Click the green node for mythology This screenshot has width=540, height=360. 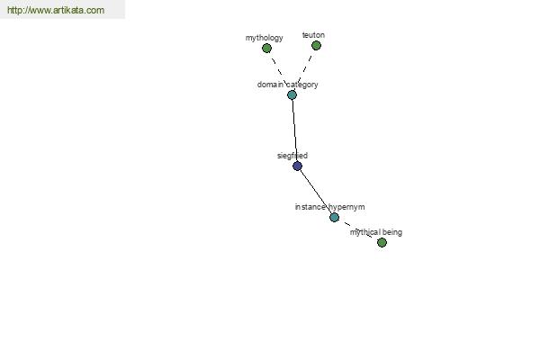pyautogui.click(x=266, y=49)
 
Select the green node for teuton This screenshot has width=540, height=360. pyautogui.click(x=316, y=45)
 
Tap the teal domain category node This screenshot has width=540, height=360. pyautogui.click(x=292, y=94)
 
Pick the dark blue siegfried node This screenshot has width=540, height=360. pyautogui.click(x=297, y=166)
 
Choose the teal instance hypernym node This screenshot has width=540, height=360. pyautogui.click(x=334, y=218)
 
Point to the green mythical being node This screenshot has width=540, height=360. pyautogui.click(x=382, y=242)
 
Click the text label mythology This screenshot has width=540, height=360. pyautogui.click(x=264, y=38)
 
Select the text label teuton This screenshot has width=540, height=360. pyautogui.click(x=313, y=35)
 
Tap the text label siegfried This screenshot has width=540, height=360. pyautogui.click(x=292, y=156)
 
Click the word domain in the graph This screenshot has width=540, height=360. pyautogui.click(x=270, y=85)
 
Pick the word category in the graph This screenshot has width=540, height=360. pyautogui.click(x=302, y=85)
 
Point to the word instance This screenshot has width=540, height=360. pyautogui.click(x=310, y=207)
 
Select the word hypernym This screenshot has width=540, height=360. pyautogui.click(x=346, y=207)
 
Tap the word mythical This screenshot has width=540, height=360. pyautogui.click(x=364, y=232)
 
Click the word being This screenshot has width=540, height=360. pyautogui.click(x=391, y=232)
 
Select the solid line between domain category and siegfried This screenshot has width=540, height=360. pyautogui.click(x=295, y=130)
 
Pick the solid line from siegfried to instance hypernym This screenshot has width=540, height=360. pyautogui.click(x=316, y=192)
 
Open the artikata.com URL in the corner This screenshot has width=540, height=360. pyautogui.click(x=56, y=10)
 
